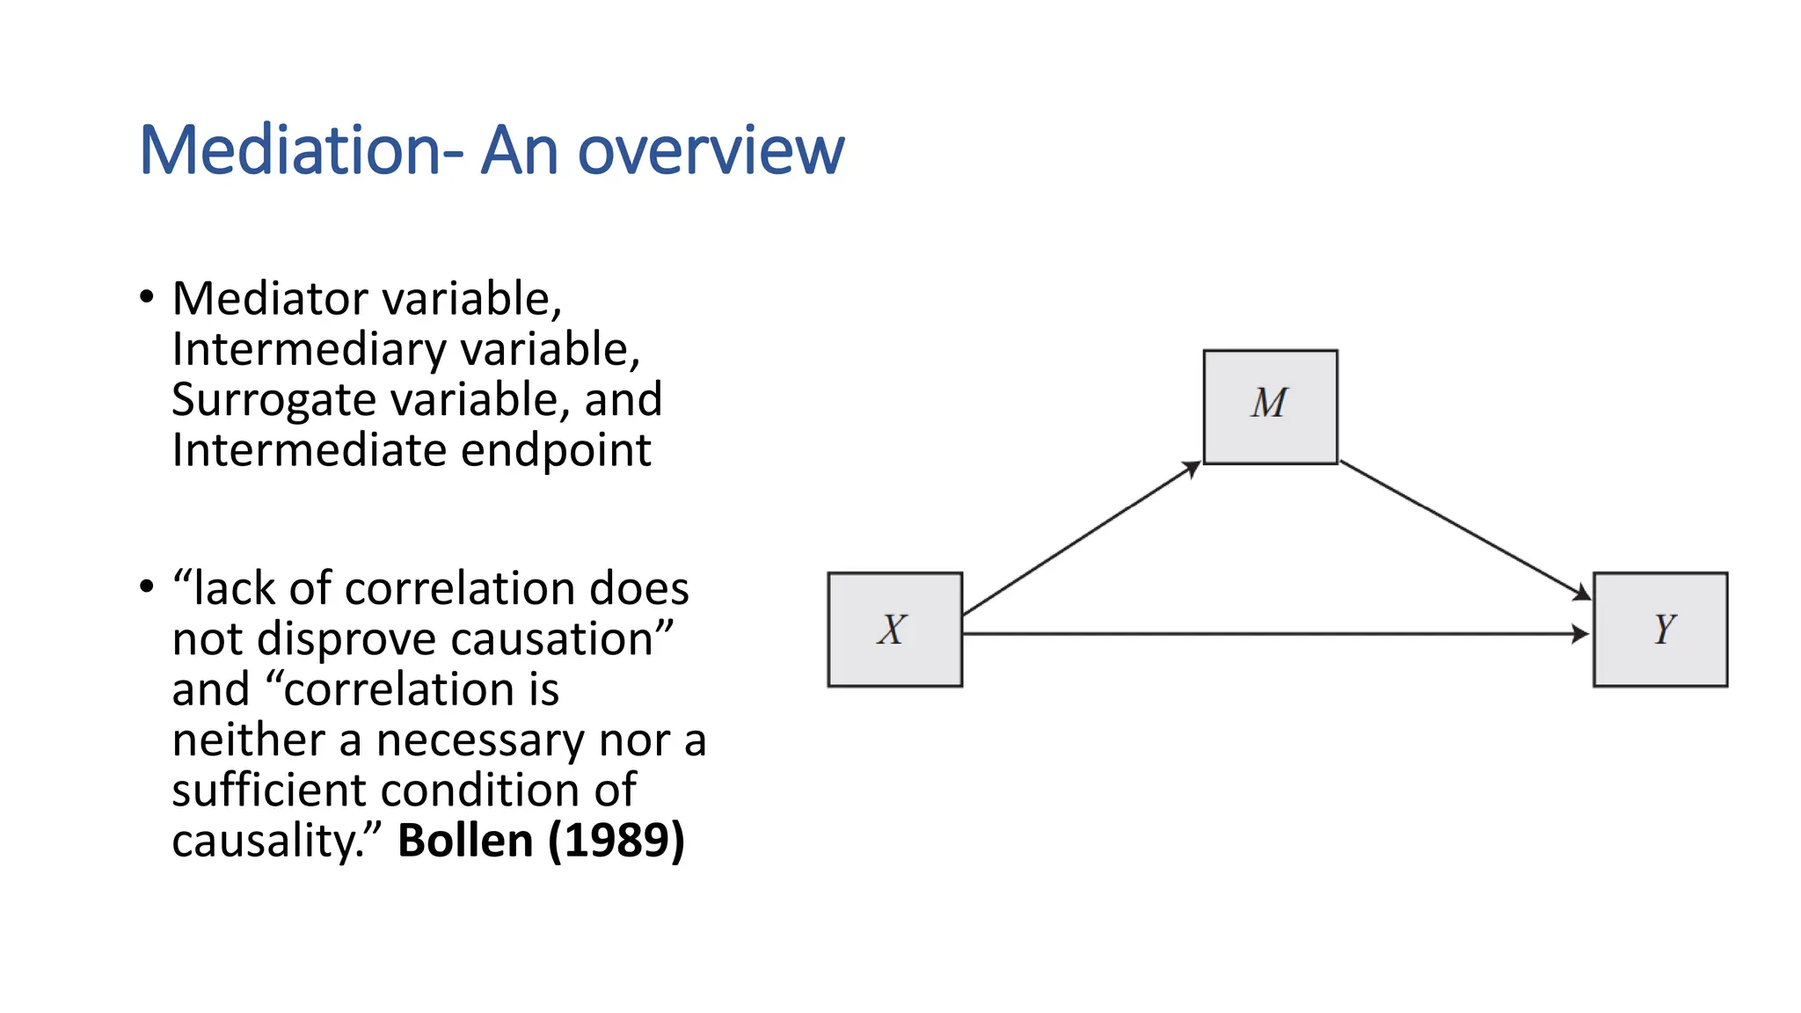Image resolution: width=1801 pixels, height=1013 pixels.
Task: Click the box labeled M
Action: point(1270,406)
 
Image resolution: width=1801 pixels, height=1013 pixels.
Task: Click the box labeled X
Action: point(894,630)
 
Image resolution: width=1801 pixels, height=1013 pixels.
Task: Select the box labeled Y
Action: point(1660,630)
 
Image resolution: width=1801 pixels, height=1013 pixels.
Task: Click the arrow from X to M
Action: point(1082,538)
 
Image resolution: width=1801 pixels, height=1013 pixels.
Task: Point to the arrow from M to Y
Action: point(1464,530)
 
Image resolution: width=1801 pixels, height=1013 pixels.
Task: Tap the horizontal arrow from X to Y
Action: point(1275,633)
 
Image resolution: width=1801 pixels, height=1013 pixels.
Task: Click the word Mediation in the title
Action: point(289,150)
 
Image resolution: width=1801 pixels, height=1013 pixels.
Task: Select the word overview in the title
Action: point(711,150)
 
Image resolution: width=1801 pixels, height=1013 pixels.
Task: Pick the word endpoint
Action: point(556,450)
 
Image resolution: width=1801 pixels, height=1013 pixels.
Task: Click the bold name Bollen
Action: point(465,840)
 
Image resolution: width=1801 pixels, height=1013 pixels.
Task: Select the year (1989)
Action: point(616,840)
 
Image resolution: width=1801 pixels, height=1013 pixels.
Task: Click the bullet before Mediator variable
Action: point(147,296)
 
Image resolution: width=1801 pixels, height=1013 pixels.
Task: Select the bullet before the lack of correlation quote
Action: point(147,587)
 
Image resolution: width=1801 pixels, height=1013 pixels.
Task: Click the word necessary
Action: point(479,740)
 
